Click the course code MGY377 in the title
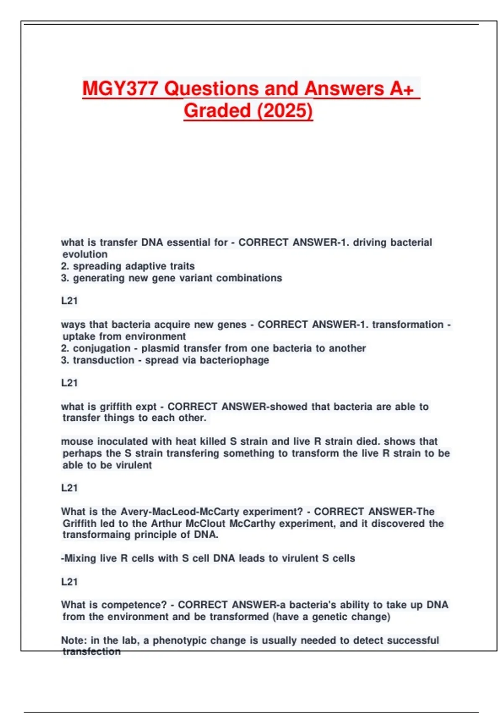point(120,88)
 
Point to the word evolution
point(85,254)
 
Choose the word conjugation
point(102,348)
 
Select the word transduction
point(104,360)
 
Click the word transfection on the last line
point(91,651)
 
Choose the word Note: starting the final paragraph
point(74,640)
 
